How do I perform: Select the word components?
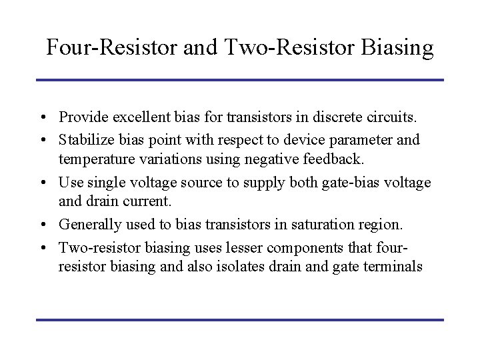click(x=288, y=247)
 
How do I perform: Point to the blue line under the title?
click(x=240, y=81)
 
